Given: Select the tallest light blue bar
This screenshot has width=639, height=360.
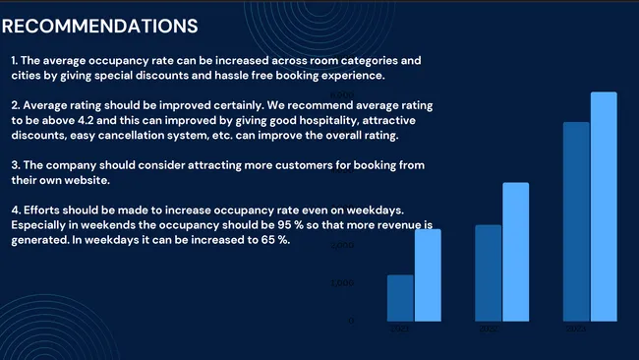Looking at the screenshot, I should [x=604, y=207].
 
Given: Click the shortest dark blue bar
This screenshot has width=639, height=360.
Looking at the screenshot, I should [x=400, y=297].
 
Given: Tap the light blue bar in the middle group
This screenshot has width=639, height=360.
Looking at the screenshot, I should [x=515, y=252].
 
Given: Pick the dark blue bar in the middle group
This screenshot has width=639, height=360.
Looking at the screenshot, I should [x=489, y=272].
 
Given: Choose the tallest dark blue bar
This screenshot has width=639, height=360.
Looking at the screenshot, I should [x=576, y=221].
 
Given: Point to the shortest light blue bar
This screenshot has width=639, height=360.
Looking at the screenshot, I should [x=428, y=275].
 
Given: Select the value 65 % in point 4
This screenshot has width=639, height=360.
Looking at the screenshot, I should [x=291, y=240].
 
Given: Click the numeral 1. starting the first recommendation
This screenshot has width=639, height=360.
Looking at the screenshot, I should [x=15, y=61].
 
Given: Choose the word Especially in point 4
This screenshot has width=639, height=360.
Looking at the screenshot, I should [x=41, y=225].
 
